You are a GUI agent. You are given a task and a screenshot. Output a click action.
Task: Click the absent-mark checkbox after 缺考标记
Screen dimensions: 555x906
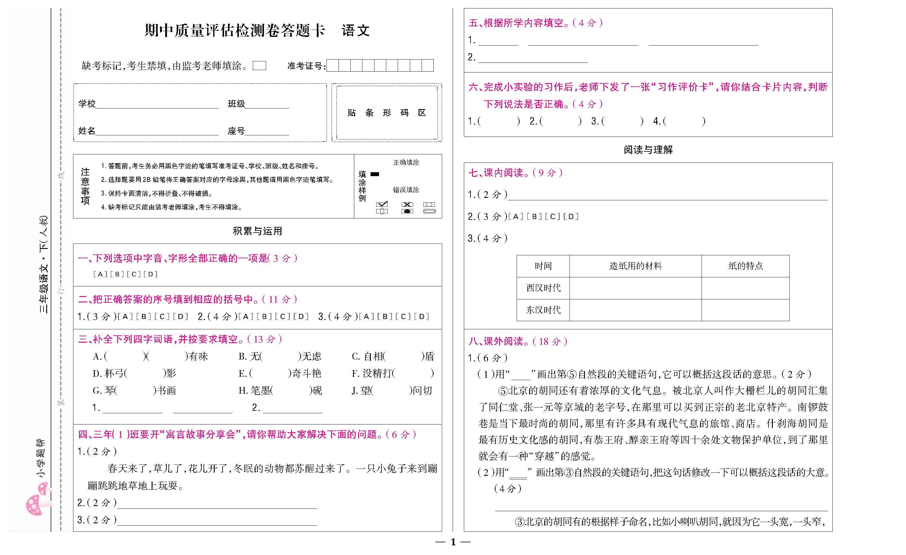(259, 66)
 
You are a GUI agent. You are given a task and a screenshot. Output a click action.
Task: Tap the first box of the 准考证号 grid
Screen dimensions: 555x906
(333, 66)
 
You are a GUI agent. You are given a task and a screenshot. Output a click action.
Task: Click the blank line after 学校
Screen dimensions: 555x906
(157, 104)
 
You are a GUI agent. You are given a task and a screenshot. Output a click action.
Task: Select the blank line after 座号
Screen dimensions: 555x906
(267, 131)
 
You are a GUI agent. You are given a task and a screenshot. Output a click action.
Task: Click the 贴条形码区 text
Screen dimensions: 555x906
(387, 113)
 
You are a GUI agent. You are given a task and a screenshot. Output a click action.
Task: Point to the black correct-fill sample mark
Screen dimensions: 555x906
(375, 174)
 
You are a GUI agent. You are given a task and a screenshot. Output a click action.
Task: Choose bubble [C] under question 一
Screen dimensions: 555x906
(134, 274)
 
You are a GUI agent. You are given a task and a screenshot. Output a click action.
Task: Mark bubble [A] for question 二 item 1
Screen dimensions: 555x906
(125, 316)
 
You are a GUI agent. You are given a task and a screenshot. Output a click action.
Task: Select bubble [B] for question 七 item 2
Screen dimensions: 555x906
(534, 217)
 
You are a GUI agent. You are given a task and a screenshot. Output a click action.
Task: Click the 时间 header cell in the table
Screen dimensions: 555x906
(543, 266)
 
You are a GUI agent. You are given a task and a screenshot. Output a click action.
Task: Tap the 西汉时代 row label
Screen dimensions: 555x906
(543, 288)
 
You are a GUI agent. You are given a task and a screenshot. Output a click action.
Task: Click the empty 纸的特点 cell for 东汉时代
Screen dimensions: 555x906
(745, 310)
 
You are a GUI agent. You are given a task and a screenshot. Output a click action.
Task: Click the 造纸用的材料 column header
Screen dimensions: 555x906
(635, 266)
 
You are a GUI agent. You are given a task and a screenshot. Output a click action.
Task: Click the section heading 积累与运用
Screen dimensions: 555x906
(257, 231)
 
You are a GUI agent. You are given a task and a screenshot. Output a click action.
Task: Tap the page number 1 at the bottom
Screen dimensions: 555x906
(453, 542)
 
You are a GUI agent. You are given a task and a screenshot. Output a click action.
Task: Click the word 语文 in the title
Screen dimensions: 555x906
(355, 31)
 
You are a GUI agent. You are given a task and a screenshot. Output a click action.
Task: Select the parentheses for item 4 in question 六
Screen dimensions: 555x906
(684, 121)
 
